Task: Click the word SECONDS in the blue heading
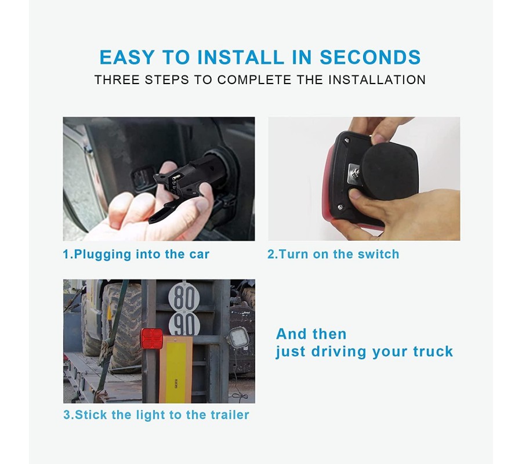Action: click(x=370, y=57)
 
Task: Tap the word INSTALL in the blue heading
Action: click(x=241, y=57)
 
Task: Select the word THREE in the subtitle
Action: click(x=117, y=80)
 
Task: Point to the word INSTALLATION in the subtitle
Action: click(x=377, y=80)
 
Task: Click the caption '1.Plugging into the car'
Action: click(x=136, y=254)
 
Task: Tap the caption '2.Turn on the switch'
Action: click(x=333, y=254)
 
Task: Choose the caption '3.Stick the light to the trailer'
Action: click(x=156, y=415)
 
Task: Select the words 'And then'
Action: click(x=311, y=334)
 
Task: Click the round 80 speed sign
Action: click(x=181, y=297)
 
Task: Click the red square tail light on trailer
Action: click(x=151, y=339)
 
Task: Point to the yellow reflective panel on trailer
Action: click(x=175, y=369)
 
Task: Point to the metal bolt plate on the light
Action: click(x=354, y=173)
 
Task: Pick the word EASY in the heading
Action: click(x=127, y=57)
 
